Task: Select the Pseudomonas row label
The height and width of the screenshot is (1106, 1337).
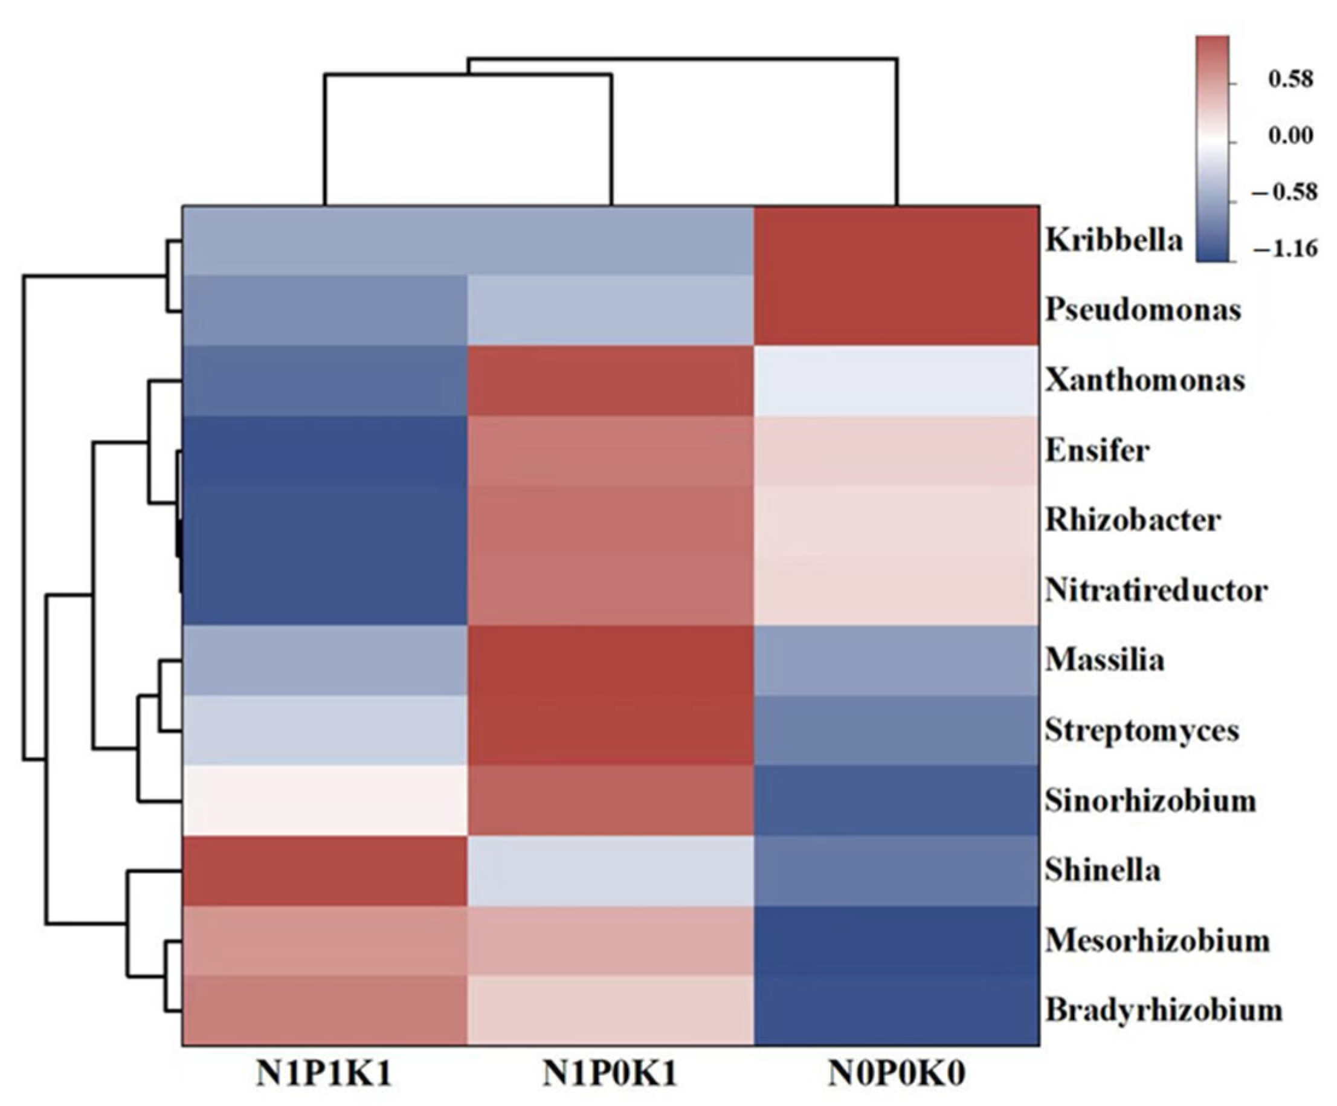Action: point(1144,311)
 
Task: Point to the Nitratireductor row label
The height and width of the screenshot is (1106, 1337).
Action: point(1156,591)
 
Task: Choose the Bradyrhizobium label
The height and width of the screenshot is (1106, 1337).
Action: point(1164,1011)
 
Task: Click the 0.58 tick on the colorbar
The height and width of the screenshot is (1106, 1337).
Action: point(1290,81)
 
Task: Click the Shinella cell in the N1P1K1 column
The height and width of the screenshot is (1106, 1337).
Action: point(324,870)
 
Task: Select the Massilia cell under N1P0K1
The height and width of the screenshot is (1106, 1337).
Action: point(611,661)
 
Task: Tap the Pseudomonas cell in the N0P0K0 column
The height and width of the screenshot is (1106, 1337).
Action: point(897,311)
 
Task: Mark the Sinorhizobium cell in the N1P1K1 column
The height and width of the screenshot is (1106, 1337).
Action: point(324,800)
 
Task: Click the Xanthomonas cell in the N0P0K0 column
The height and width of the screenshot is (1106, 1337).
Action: point(897,381)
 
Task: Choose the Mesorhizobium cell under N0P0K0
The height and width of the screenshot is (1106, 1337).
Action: point(897,940)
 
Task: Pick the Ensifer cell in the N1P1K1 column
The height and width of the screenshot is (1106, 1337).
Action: point(324,451)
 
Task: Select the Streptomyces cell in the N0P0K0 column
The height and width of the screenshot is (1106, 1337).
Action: point(897,730)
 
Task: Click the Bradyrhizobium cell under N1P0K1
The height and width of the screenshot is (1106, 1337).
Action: point(611,1011)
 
